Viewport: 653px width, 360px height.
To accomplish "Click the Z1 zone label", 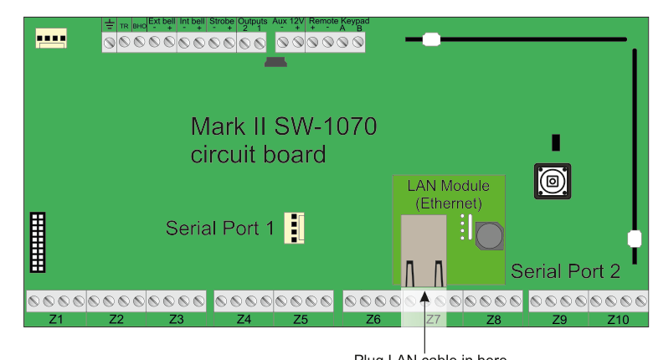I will (x=56, y=320).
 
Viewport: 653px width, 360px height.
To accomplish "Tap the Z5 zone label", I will (x=302, y=320).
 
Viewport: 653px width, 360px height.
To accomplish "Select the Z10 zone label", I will (x=618, y=320).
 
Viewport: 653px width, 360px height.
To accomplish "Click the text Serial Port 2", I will (x=565, y=271).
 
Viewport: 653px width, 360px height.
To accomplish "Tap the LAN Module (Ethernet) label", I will (x=450, y=194).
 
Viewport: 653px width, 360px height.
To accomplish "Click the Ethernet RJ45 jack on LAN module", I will (x=424, y=249).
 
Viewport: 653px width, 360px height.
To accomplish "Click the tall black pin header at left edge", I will (x=38, y=242).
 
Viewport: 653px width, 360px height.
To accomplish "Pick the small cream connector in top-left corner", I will (x=51, y=38).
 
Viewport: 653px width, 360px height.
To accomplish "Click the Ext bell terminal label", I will (x=161, y=21).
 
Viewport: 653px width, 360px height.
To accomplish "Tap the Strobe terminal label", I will (x=222, y=21).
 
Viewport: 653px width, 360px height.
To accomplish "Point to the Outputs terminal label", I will (x=252, y=21).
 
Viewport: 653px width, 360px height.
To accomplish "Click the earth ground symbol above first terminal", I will (x=109, y=23).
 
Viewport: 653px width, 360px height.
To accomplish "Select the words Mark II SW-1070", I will (x=284, y=127).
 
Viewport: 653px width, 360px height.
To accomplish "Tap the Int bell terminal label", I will (x=192, y=21).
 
